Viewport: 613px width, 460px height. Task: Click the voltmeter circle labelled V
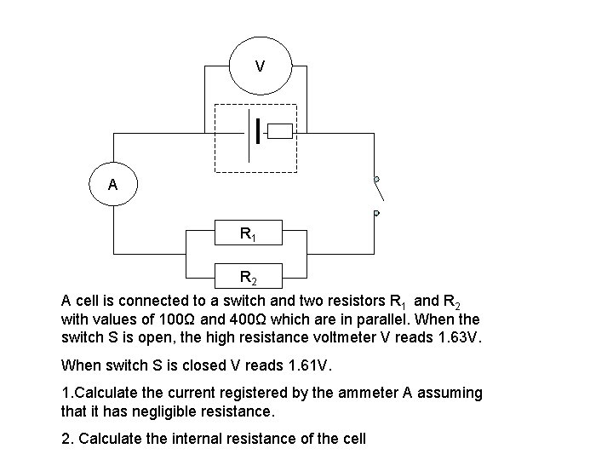point(260,66)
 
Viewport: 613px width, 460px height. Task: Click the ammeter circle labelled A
point(112,184)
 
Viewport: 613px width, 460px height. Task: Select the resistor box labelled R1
point(248,233)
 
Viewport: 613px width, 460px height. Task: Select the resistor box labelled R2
point(248,277)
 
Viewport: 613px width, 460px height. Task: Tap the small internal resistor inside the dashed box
point(279,131)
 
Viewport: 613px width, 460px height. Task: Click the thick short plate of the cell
point(257,131)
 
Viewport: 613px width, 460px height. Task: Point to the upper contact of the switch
point(375,180)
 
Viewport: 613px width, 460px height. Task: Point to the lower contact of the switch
point(375,212)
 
